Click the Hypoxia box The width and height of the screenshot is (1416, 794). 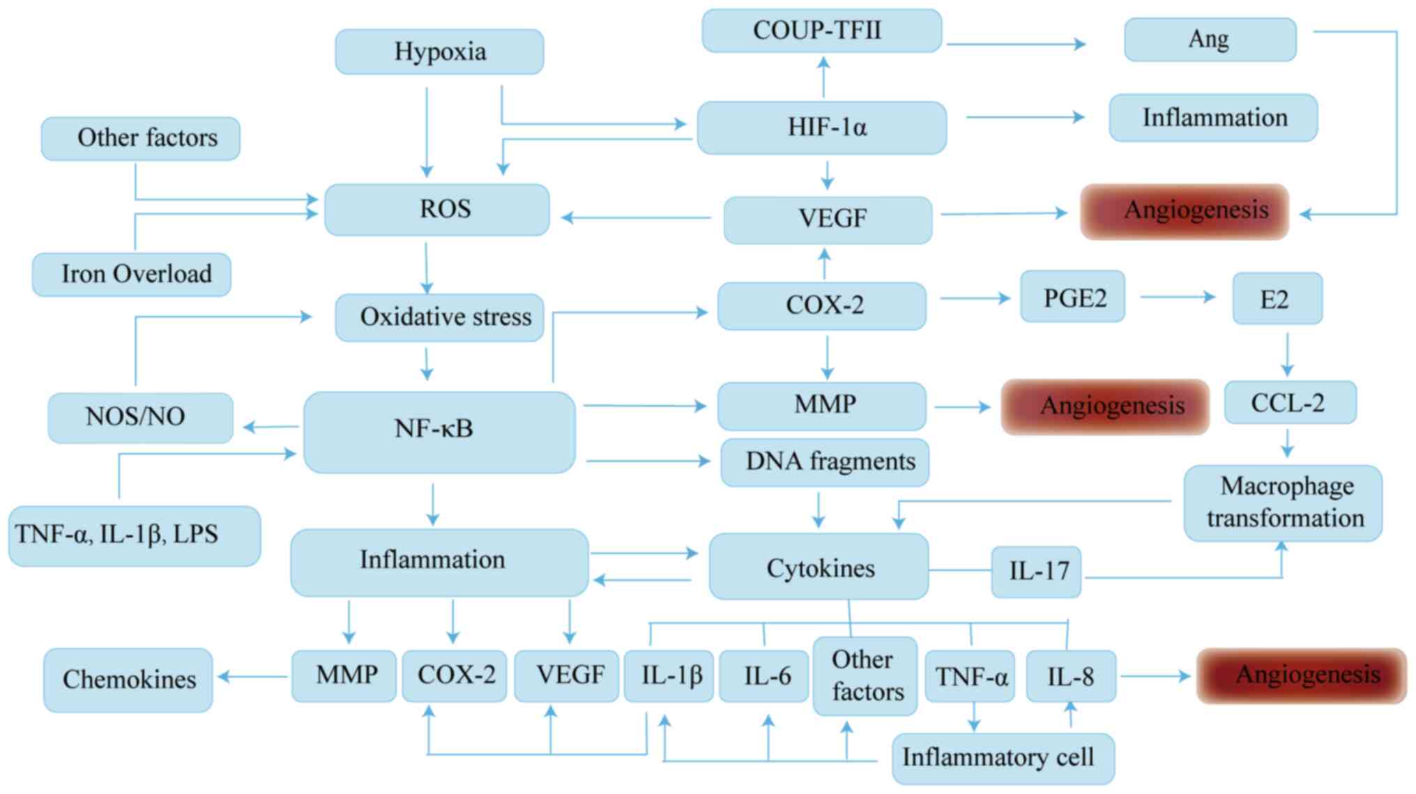tap(439, 52)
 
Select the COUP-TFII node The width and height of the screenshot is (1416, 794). tap(821, 31)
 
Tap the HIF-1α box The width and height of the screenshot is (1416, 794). tap(821, 128)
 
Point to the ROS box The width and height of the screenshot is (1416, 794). tap(437, 209)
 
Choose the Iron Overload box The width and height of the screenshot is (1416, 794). tap(132, 274)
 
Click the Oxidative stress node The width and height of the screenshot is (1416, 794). tap(439, 317)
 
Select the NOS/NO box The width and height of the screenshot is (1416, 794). tap(140, 417)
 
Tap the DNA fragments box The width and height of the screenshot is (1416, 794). tap(825, 461)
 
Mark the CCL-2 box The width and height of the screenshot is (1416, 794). tap(1290, 402)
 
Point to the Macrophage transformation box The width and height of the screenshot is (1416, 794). tap(1283, 503)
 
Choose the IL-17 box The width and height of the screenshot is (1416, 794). tap(1036, 572)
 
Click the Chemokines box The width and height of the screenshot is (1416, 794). tap(128, 680)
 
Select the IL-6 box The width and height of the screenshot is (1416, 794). tap(763, 675)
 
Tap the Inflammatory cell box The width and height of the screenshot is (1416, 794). tap(1003, 758)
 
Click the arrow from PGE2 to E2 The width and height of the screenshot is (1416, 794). tap(1178, 297)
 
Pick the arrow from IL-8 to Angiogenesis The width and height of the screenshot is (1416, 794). tap(1155, 675)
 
